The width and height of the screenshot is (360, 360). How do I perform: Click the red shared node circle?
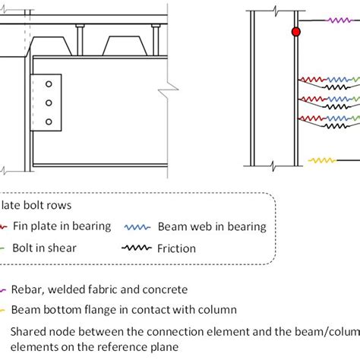[296, 32]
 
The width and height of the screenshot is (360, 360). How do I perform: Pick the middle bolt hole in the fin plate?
[49, 103]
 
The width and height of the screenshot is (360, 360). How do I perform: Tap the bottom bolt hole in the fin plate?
[49, 121]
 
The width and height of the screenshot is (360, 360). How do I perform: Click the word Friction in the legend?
[176, 248]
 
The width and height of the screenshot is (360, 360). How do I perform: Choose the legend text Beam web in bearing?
[212, 226]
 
